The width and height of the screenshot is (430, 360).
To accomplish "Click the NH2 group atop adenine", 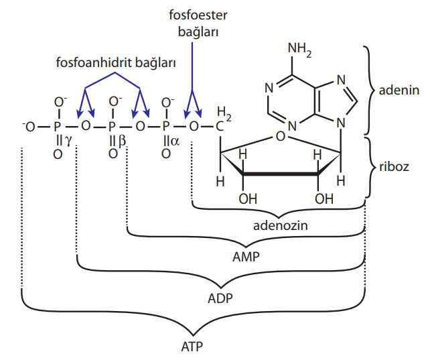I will click(301, 50).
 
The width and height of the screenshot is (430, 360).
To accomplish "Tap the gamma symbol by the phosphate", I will click(68, 141).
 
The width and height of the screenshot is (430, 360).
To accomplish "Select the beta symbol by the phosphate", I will click(122, 141).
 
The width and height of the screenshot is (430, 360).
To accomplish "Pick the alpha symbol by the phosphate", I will click(176, 141).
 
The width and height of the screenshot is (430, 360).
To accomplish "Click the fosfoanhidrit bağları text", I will click(115, 62).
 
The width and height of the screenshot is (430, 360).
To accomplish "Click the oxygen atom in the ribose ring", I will click(281, 137).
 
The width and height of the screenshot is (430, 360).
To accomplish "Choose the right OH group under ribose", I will click(324, 198).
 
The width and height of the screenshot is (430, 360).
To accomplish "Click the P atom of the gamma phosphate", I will click(58, 125).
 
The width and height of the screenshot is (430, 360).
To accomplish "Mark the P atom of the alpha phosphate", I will click(167, 125).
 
